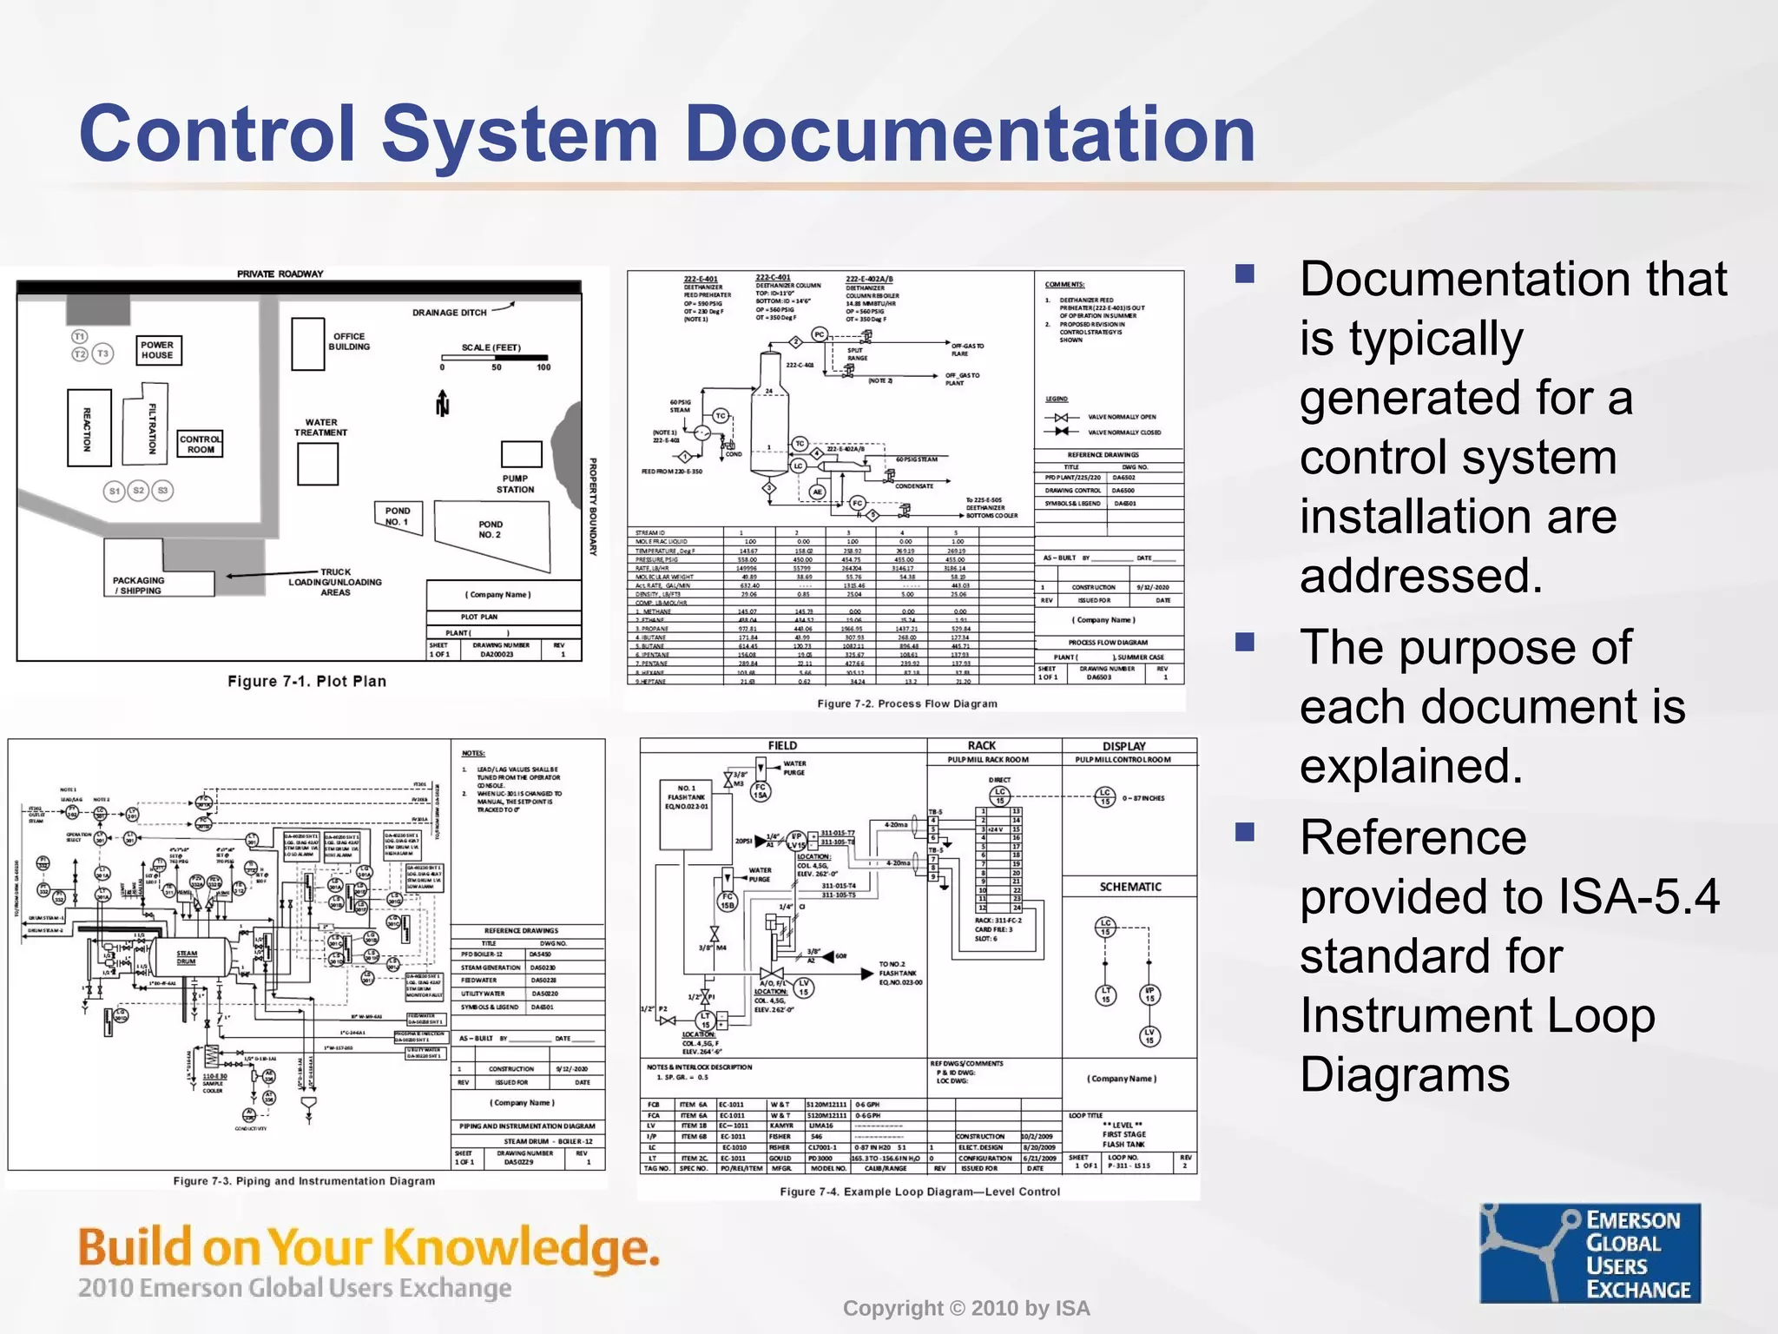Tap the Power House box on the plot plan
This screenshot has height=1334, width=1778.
tap(157, 350)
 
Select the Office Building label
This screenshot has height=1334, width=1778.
tap(348, 341)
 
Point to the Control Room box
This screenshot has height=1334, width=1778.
tap(201, 444)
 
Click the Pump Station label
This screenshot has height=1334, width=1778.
tap(515, 484)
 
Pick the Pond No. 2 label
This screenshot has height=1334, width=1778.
tap(491, 530)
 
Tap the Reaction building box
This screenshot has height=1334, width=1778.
tap(89, 428)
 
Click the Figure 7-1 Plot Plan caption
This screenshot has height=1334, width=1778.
tap(306, 682)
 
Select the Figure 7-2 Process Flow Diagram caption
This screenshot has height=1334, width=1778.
tap(906, 703)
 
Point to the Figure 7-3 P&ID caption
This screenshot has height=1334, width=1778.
tap(304, 1181)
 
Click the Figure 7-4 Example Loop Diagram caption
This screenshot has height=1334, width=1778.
tap(919, 1192)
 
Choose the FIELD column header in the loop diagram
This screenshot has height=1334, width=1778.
tap(782, 746)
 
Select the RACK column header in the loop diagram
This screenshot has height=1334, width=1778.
tap(982, 746)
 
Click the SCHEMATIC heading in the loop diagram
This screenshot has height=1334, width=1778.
tap(1129, 887)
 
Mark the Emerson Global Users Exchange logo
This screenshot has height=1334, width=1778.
tap(1590, 1253)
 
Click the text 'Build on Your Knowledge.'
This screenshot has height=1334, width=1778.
tap(368, 1247)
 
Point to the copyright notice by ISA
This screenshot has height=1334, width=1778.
tap(965, 1309)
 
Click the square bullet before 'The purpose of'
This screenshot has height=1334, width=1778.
tap(1246, 642)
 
